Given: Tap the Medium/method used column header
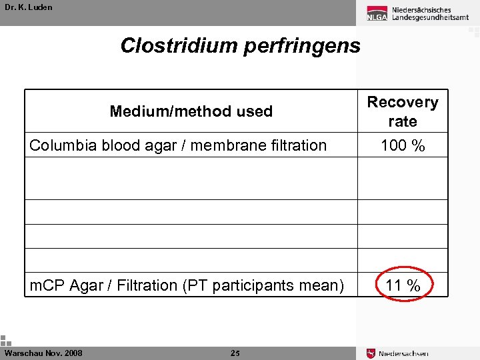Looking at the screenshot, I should click(191, 111).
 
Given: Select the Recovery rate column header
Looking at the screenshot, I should click(403, 111).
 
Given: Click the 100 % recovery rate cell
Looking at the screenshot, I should click(403, 145).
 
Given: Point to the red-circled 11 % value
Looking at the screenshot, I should click(403, 286).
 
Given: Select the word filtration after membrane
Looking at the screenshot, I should click(295, 145).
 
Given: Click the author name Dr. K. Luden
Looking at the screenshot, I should click(28, 7).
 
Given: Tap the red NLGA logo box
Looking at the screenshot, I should click(377, 14).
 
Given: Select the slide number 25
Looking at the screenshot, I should click(235, 353).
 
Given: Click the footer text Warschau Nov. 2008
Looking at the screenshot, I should click(43, 353).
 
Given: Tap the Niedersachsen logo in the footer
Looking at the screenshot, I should click(398, 353).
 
